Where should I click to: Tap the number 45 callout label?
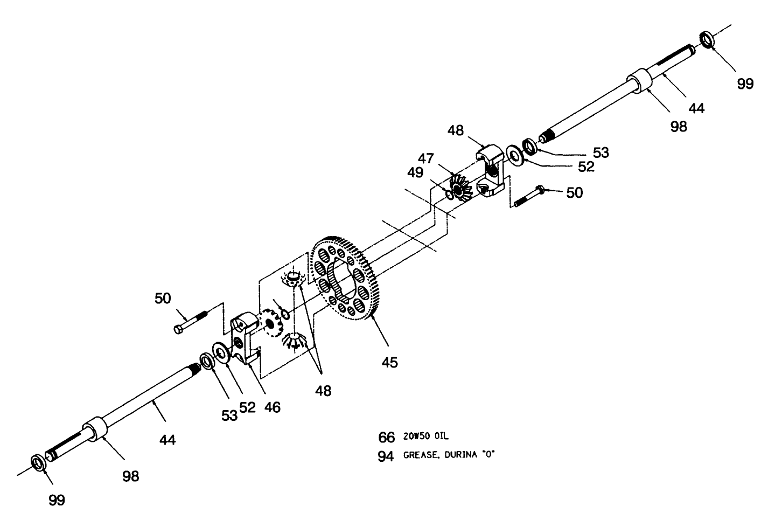tap(389, 363)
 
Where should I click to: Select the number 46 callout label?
tap(272, 407)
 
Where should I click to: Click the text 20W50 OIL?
tap(425, 436)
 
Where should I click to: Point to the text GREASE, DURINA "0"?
tap(449, 455)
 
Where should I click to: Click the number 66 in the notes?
tap(387, 437)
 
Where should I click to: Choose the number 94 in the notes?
tap(387, 456)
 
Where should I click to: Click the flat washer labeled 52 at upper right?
tap(515, 156)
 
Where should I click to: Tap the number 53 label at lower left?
tap(229, 415)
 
